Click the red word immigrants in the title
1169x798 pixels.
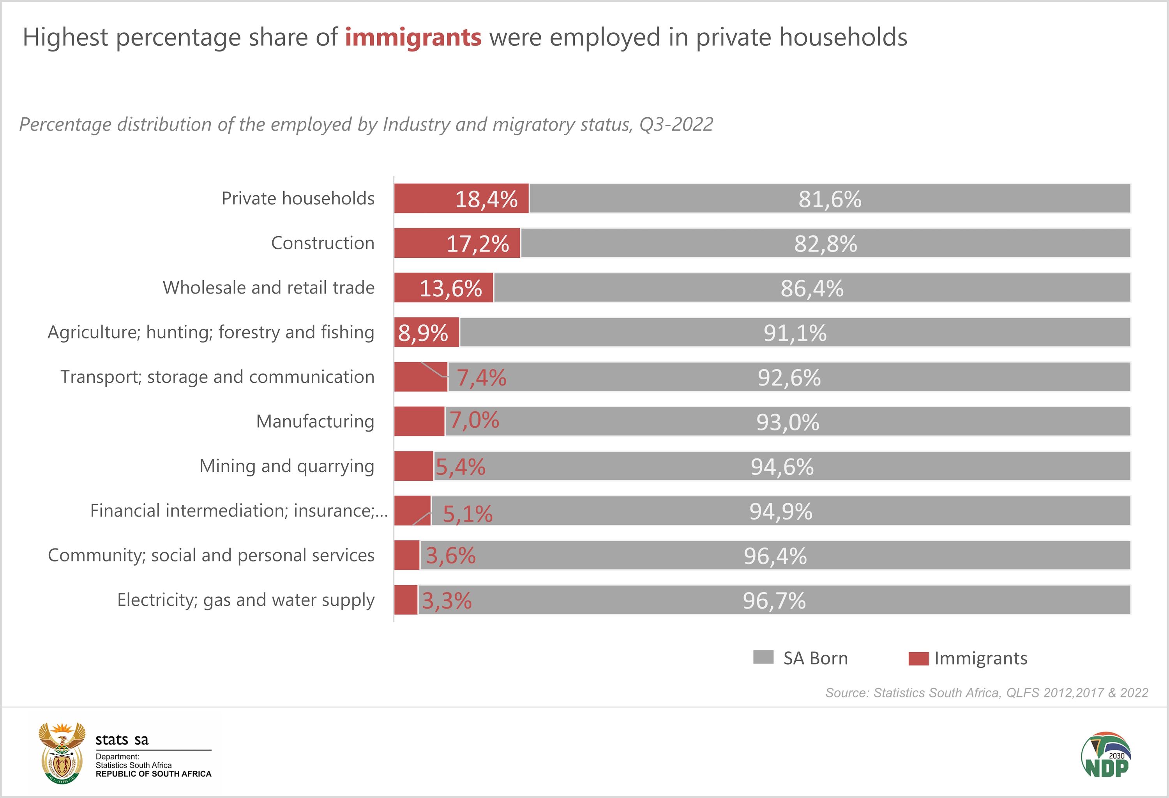(x=413, y=38)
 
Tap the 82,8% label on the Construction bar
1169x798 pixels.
(x=825, y=244)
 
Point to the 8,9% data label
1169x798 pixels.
(x=423, y=333)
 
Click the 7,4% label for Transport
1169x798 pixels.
(x=481, y=378)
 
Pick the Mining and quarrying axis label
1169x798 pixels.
(x=287, y=466)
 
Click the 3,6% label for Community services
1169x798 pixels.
(x=451, y=556)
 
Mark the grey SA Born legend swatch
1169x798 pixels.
(x=763, y=657)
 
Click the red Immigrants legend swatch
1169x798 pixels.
(x=918, y=658)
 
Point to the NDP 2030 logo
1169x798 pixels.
(x=1105, y=755)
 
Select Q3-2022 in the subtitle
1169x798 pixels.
(x=676, y=124)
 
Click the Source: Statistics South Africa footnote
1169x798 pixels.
(x=986, y=693)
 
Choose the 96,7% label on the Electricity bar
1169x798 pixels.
(x=774, y=601)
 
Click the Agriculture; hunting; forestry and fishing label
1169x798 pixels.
(x=211, y=333)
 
